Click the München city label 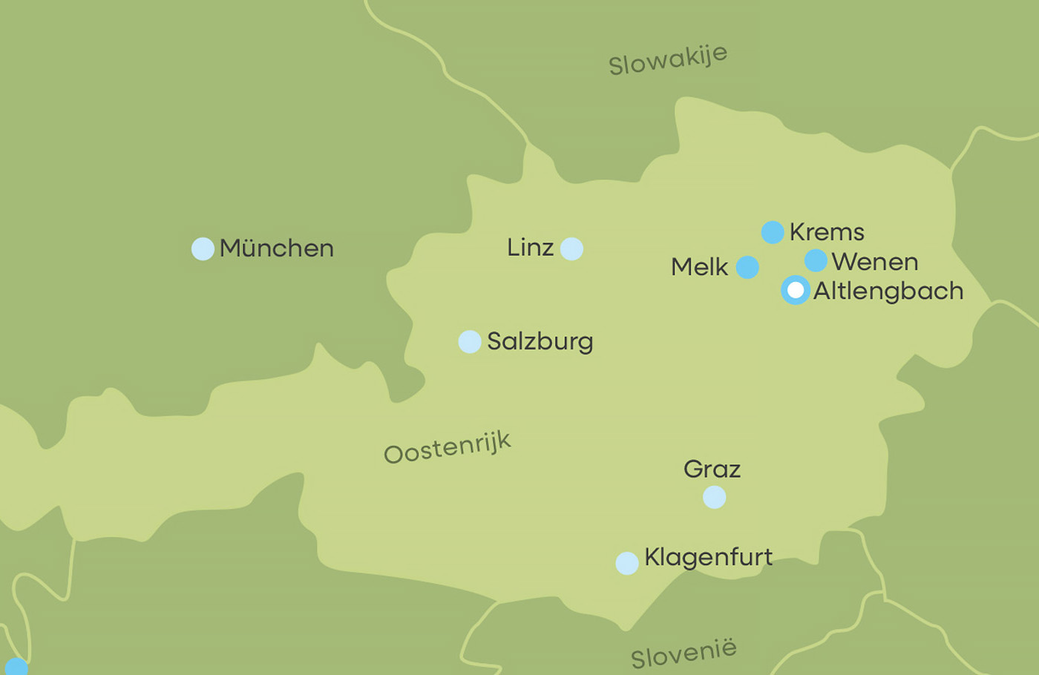point(276,248)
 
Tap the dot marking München point(203,248)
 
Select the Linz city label point(530,247)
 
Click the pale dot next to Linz point(571,248)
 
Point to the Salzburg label point(540,341)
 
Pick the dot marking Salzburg point(470,341)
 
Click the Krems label point(827,231)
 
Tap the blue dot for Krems point(773,232)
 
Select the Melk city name point(699,266)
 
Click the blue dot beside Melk point(747,267)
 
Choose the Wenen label point(874,262)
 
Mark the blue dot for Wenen point(816,260)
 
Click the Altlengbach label point(888,291)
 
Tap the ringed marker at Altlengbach point(796,290)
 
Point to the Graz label point(712,469)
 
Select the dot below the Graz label point(714,497)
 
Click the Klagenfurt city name point(708,556)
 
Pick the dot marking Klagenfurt point(627,563)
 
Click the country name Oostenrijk point(447,447)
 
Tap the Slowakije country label point(668,59)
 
